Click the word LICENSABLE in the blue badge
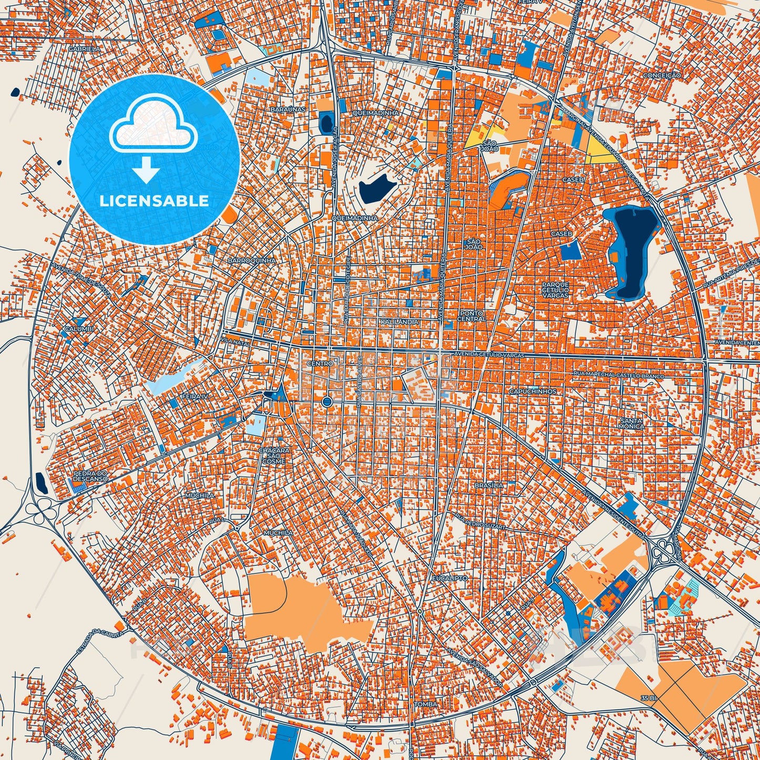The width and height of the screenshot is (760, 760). (x=155, y=201)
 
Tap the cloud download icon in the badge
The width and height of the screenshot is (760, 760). (x=153, y=138)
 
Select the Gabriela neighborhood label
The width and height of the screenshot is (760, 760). (x=84, y=48)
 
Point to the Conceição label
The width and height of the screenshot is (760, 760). (x=662, y=75)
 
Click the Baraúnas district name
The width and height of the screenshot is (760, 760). (x=288, y=109)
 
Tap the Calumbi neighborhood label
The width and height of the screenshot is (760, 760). (x=79, y=329)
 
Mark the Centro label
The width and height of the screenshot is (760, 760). (x=320, y=363)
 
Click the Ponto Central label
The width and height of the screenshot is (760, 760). (x=471, y=316)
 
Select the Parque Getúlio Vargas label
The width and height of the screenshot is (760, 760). (x=555, y=290)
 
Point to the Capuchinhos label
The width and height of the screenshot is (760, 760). (x=532, y=391)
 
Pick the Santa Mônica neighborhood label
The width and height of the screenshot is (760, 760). (x=631, y=423)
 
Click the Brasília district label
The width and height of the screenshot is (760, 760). (x=489, y=485)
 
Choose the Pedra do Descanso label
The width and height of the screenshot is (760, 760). (x=90, y=476)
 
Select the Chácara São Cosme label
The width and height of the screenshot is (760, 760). (x=274, y=456)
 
